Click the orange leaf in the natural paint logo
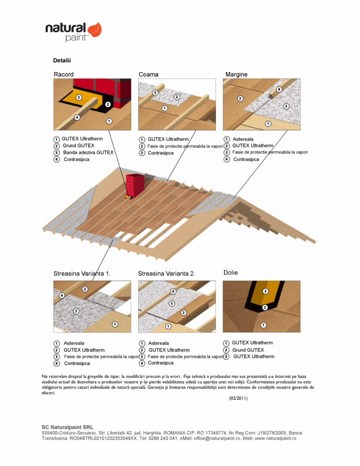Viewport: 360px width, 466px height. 95,30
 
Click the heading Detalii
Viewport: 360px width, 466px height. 62,61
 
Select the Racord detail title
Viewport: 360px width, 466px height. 64,74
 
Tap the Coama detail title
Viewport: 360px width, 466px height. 148,74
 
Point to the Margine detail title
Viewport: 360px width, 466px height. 236,74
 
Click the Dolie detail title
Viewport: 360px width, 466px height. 230,273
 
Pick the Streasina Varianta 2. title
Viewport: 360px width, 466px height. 166,274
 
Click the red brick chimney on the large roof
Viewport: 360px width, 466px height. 135,185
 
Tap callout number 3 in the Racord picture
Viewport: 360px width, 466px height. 79,97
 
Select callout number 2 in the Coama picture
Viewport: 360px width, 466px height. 177,97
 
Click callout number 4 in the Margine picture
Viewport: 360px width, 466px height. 279,89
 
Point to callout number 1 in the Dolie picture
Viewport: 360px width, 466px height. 263,325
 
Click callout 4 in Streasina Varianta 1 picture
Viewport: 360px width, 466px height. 62,295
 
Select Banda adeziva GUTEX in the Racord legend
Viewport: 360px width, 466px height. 88,152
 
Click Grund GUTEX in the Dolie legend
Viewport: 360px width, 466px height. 248,350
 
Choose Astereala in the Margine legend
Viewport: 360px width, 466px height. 243,139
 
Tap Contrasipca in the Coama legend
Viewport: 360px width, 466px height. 160,153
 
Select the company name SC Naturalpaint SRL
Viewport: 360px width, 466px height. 67,427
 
